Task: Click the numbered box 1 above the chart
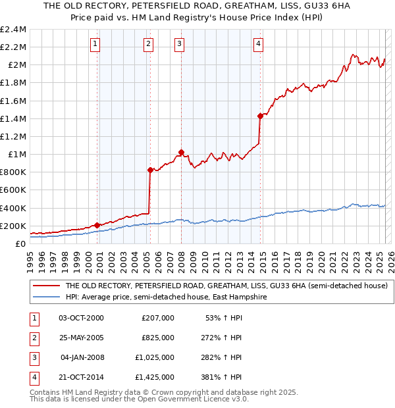pyautogui.click(x=95, y=44)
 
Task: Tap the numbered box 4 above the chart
pyautogui.click(x=259, y=44)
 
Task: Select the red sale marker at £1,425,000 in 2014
pyautogui.click(x=261, y=116)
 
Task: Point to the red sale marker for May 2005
pyautogui.click(x=150, y=170)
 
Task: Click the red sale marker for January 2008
pyautogui.click(x=181, y=152)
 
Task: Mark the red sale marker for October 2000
pyautogui.click(x=97, y=225)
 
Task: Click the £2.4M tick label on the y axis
pyautogui.click(x=13, y=30)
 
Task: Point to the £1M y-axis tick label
pyautogui.click(x=17, y=154)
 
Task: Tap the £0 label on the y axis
pyautogui.click(x=21, y=243)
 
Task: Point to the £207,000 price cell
pyautogui.click(x=157, y=318)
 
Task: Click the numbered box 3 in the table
pyautogui.click(x=33, y=358)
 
